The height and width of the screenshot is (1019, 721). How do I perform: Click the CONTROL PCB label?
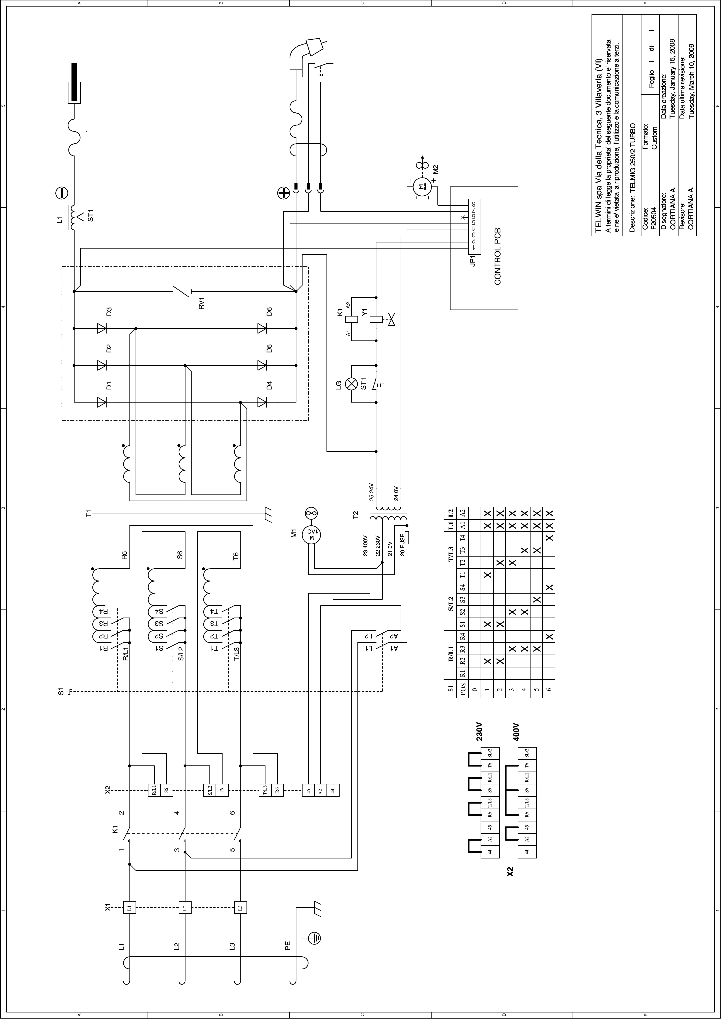[x=497, y=257]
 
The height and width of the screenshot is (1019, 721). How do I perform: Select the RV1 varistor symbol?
[x=182, y=292]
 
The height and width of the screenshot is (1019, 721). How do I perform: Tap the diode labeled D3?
[x=102, y=328]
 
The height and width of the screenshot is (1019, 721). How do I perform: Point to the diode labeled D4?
[x=262, y=402]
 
